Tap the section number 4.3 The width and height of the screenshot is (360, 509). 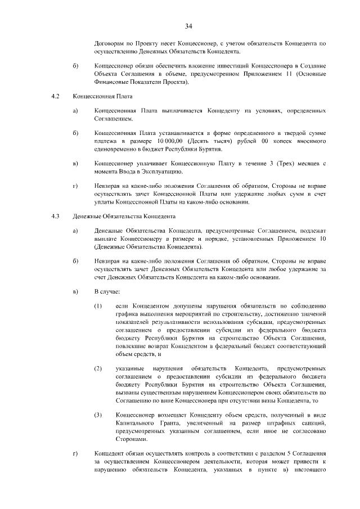[x=55, y=216]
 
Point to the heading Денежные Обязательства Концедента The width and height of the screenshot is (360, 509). [x=124, y=216]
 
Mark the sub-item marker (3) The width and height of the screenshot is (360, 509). [x=98, y=415]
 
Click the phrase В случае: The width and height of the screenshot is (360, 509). [x=106, y=291]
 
